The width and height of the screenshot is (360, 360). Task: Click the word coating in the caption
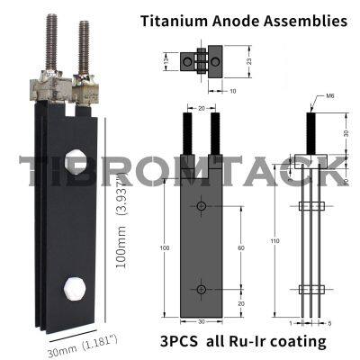pos(299,343)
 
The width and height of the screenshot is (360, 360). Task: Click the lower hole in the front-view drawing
pos(201,289)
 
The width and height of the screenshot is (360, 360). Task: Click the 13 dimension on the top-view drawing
pos(167,63)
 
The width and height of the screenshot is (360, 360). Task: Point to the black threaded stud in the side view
pos(310,130)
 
